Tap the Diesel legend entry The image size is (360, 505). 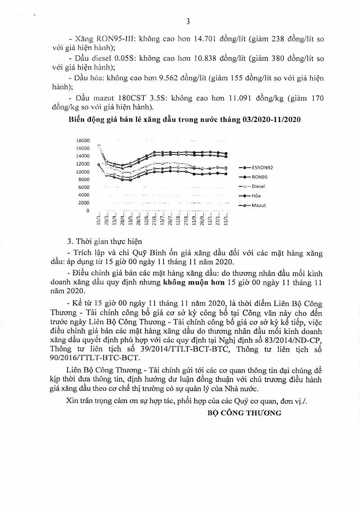click(x=258, y=186)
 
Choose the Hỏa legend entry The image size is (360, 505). click(x=256, y=196)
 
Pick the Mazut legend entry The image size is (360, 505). click(x=258, y=205)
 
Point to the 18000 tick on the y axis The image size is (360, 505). click(x=83, y=141)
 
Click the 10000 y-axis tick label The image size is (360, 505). click(x=83, y=172)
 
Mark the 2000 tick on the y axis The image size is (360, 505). click(x=85, y=203)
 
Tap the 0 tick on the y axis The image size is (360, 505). click(x=88, y=210)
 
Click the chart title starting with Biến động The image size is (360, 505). click(x=185, y=119)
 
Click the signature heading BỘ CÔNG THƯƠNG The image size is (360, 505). click(x=244, y=412)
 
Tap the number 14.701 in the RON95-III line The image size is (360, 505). click(x=192, y=39)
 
